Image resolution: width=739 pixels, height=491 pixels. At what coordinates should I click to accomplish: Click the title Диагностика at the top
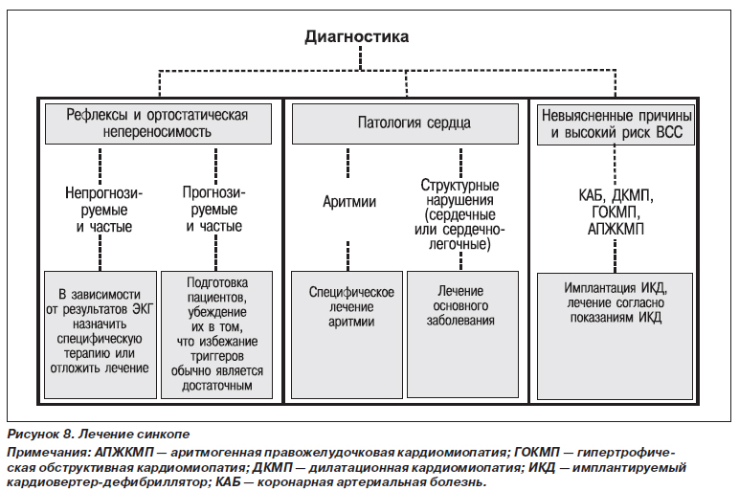[357, 36]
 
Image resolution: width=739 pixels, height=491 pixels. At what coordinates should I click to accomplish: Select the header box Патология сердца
[405, 123]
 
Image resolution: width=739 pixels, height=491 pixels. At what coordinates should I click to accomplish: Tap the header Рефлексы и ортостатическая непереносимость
[158, 123]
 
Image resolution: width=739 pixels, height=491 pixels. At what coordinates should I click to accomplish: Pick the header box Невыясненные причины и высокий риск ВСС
[616, 124]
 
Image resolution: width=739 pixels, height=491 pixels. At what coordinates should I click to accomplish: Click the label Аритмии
[349, 202]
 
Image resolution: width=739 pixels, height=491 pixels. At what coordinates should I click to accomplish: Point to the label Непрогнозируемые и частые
[104, 210]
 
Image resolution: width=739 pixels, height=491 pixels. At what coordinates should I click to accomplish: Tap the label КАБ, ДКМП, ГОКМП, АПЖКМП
[616, 212]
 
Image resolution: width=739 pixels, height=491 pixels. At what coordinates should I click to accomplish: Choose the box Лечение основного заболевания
[462, 334]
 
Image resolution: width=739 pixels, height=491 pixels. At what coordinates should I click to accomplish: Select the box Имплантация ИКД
[616, 337]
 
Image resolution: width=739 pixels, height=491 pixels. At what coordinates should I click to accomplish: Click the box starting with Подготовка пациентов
[216, 335]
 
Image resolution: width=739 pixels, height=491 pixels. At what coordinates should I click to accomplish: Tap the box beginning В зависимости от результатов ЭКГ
[101, 335]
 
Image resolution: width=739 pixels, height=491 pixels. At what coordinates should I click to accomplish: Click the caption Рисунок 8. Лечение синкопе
[99, 434]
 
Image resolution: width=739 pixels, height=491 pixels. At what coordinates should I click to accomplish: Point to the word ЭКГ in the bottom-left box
[143, 309]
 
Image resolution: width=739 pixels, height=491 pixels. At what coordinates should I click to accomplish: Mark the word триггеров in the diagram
[216, 356]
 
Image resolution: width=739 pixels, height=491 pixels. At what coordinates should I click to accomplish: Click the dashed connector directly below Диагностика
[361, 58]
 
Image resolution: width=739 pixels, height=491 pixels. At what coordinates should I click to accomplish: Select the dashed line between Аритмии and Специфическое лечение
[348, 256]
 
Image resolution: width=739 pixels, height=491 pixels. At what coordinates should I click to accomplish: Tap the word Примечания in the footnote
[49, 454]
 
